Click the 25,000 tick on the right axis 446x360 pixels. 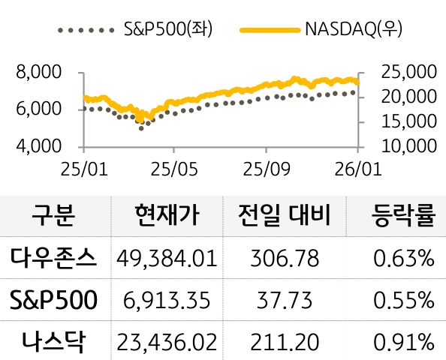(409, 73)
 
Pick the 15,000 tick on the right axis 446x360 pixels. (409, 121)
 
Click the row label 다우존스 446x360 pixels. (54, 259)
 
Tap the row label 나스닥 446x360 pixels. (54, 342)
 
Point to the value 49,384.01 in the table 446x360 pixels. (167, 259)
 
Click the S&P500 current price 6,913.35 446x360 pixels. (167, 301)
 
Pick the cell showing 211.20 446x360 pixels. (288, 342)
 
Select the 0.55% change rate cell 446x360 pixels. (403, 301)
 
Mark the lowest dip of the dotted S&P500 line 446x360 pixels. (140, 128)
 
